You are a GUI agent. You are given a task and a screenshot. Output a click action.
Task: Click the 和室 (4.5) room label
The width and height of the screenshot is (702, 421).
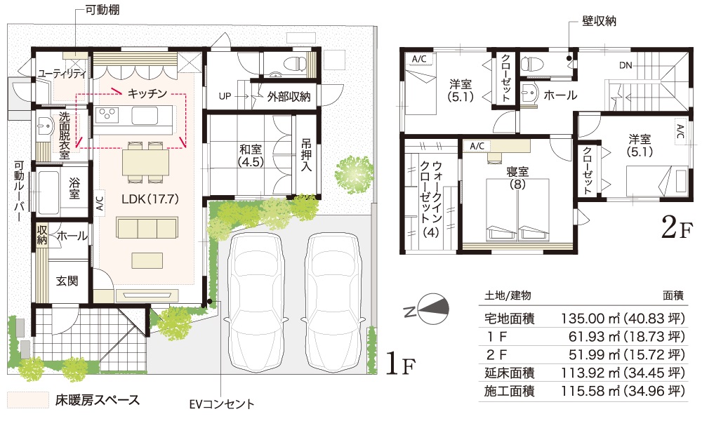click(251, 155)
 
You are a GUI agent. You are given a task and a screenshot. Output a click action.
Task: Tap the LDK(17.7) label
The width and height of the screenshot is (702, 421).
click(150, 199)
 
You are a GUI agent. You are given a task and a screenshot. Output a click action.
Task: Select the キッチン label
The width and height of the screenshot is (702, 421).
click(147, 93)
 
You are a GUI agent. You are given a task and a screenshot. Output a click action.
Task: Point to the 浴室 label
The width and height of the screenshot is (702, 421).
click(74, 188)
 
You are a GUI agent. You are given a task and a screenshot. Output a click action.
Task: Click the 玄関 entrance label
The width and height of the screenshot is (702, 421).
click(67, 281)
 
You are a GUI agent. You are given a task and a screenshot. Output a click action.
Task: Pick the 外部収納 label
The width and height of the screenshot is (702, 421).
click(289, 96)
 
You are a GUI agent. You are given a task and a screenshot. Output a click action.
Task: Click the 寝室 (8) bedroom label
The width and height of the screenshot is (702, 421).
click(517, 178)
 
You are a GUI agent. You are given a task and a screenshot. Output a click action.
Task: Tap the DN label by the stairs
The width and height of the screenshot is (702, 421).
click(626, 65)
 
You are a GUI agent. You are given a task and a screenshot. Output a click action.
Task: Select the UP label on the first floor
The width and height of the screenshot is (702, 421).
click(225, 96)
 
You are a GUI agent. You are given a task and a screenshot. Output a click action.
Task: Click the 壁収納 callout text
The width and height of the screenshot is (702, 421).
click(600, 20)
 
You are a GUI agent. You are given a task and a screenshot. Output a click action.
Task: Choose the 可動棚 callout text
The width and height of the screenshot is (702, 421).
click(102, 9)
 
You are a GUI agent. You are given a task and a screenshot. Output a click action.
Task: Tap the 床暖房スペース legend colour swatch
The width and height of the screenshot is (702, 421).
click(28, 400)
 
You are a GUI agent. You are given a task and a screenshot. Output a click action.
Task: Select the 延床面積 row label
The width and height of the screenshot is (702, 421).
click(510, 373)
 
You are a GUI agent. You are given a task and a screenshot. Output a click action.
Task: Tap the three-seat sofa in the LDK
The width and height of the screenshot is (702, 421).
click(147, 228)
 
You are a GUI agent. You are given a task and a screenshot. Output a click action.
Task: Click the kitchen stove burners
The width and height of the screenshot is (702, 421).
click(108, 116)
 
